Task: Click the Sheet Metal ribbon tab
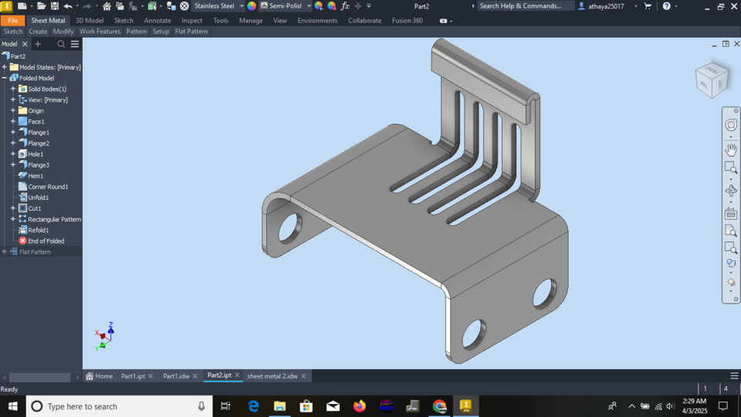point(48,21)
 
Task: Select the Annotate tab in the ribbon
point(157,21)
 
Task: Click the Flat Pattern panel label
point(191,32)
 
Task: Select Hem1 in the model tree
point(36,176)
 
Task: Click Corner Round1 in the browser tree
point(48,187)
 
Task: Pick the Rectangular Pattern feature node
point(54,219)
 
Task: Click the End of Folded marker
point(46,241)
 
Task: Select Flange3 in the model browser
point(39,165)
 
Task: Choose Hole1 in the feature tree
point(36,154)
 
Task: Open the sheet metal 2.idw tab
point(272,376)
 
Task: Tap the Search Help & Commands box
point(526,6)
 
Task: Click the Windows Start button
point(13,406)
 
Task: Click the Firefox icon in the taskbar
point(359,406)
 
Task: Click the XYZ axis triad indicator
point(106,336)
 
